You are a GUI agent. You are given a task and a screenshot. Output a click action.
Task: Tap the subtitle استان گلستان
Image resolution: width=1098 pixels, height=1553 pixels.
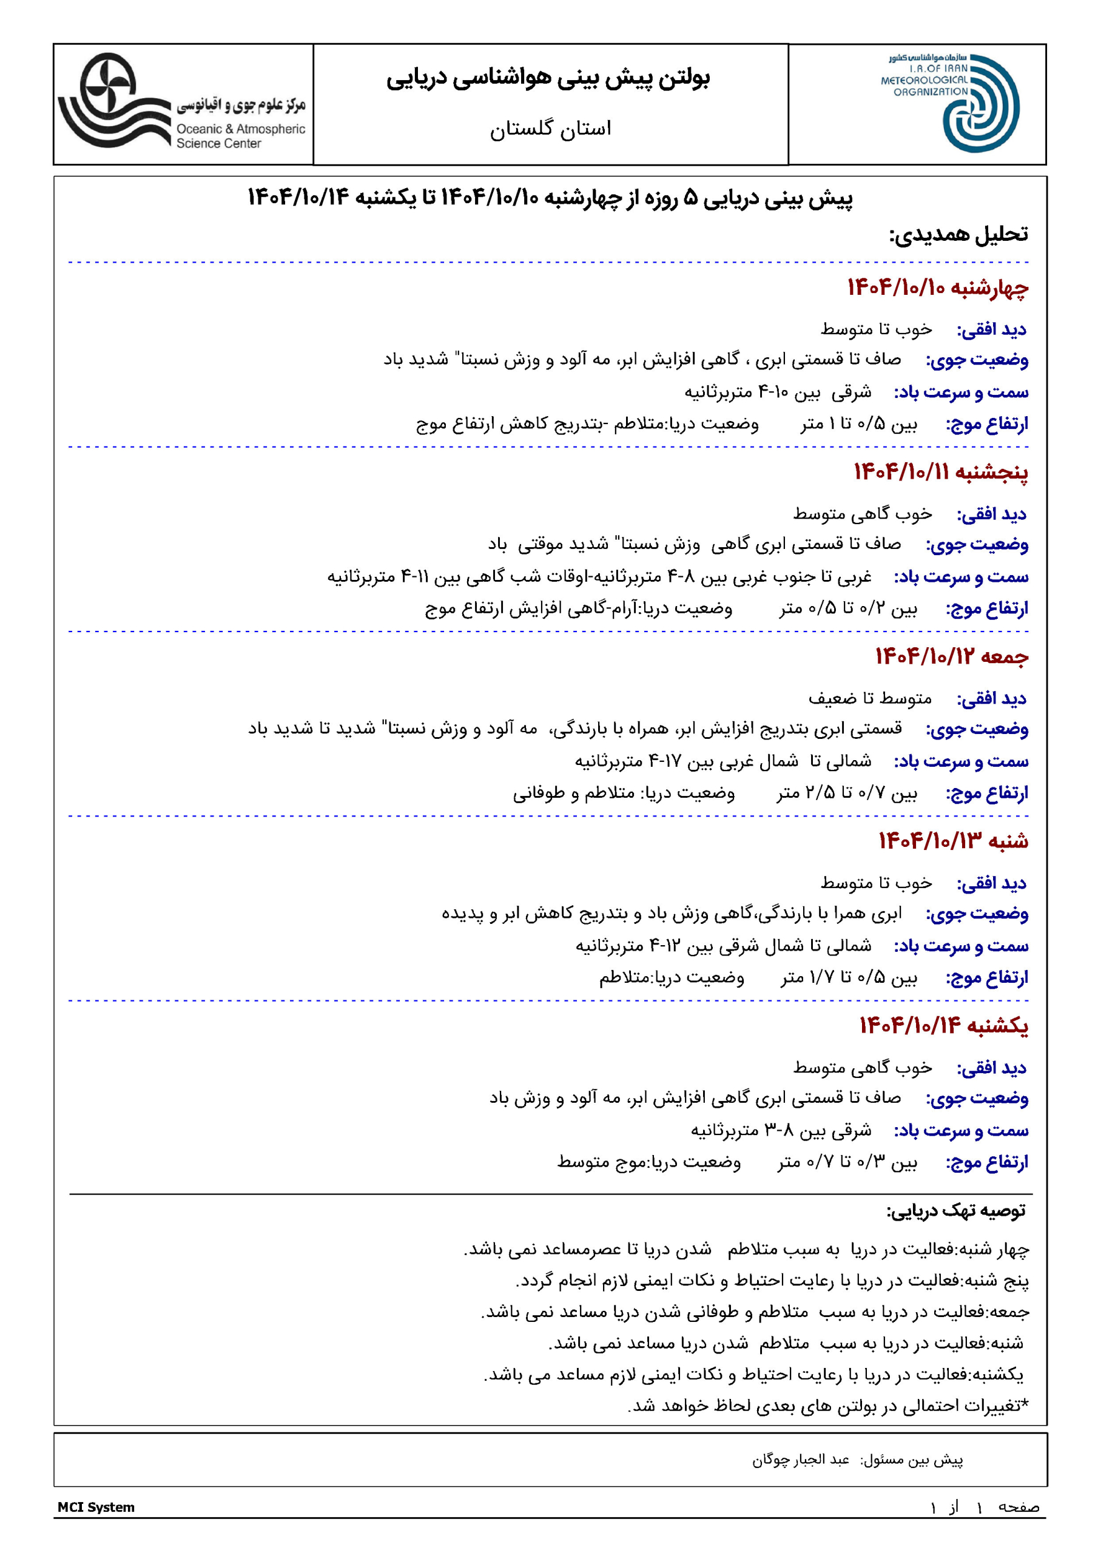click(550, 129)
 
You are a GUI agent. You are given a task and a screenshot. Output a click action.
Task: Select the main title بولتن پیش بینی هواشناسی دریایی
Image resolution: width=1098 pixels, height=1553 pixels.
click(548, 78)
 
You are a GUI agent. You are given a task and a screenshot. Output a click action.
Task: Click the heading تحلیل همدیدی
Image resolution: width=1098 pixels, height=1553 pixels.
click(958, 235)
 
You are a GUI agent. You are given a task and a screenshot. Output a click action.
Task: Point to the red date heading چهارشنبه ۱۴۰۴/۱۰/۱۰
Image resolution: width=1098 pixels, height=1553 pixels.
click(937, 288)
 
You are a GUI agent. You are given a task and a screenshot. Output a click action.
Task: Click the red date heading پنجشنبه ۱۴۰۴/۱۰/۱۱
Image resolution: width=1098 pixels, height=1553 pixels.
click(940, 472)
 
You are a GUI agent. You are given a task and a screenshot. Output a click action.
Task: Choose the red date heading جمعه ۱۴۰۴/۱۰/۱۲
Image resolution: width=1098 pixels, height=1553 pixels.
click(951, 657)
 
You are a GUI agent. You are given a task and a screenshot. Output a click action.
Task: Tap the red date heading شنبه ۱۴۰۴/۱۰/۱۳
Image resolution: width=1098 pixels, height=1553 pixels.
click(952, 841)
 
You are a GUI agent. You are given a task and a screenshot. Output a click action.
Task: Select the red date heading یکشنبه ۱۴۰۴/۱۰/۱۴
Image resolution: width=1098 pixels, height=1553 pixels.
click(943, 1026)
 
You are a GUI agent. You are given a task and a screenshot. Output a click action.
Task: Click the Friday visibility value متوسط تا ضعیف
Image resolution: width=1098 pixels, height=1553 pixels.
click(869, 698)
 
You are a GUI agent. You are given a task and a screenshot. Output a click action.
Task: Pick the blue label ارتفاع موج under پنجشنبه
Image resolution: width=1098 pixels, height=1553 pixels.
click(986, 608)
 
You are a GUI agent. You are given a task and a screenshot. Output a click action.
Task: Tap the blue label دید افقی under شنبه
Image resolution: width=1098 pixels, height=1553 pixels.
click(991, 883)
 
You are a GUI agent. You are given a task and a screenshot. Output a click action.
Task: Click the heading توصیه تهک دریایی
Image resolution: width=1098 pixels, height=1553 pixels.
click(956, 1211)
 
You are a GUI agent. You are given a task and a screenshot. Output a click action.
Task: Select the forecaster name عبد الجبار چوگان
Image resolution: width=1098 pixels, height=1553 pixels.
click(800, 1460)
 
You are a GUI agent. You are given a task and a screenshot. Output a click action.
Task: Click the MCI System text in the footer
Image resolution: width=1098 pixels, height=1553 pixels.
click(96, 1507)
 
